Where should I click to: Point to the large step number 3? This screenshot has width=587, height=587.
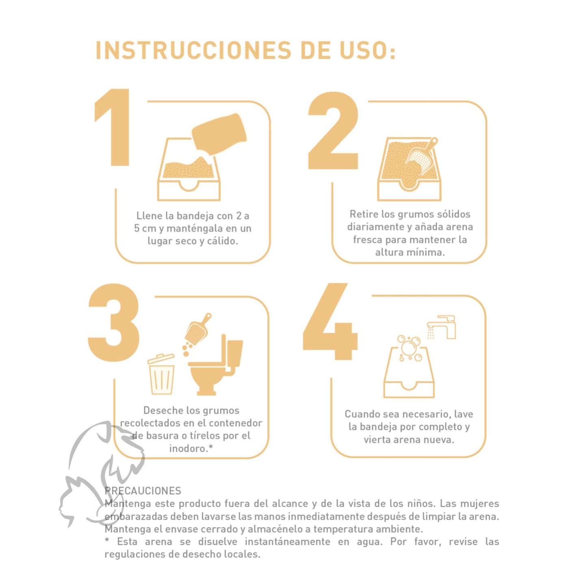coord(114,323)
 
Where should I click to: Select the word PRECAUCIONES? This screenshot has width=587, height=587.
coord(143,491)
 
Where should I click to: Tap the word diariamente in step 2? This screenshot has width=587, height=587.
coord(376,227)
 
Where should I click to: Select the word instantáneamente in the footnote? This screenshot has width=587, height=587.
coord(287,542)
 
